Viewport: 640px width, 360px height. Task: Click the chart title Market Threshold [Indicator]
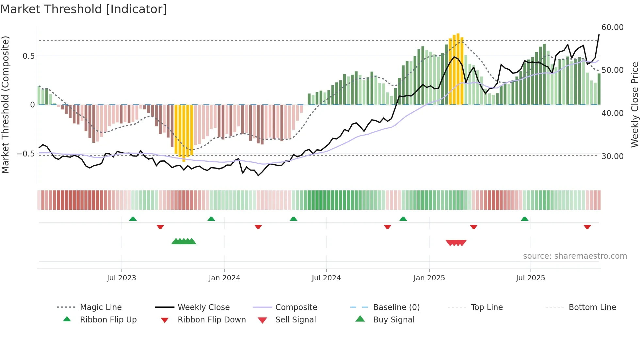(84, 9)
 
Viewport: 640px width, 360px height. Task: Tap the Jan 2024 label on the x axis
(224, 278)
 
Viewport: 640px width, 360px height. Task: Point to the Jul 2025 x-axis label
(530, 278)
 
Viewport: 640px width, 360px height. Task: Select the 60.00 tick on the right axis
(612, 27)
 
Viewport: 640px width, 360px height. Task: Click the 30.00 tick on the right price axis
(612, 156)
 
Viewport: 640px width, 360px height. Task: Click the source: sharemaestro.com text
(575, 256)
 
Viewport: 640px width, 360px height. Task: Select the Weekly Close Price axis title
(634, 105)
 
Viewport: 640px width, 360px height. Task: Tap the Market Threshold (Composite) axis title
(5, 105)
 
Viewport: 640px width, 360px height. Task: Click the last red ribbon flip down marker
(587, 227)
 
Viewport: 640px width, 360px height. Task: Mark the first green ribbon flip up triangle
(133, 219)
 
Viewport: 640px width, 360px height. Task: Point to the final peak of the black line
(599, 34)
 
